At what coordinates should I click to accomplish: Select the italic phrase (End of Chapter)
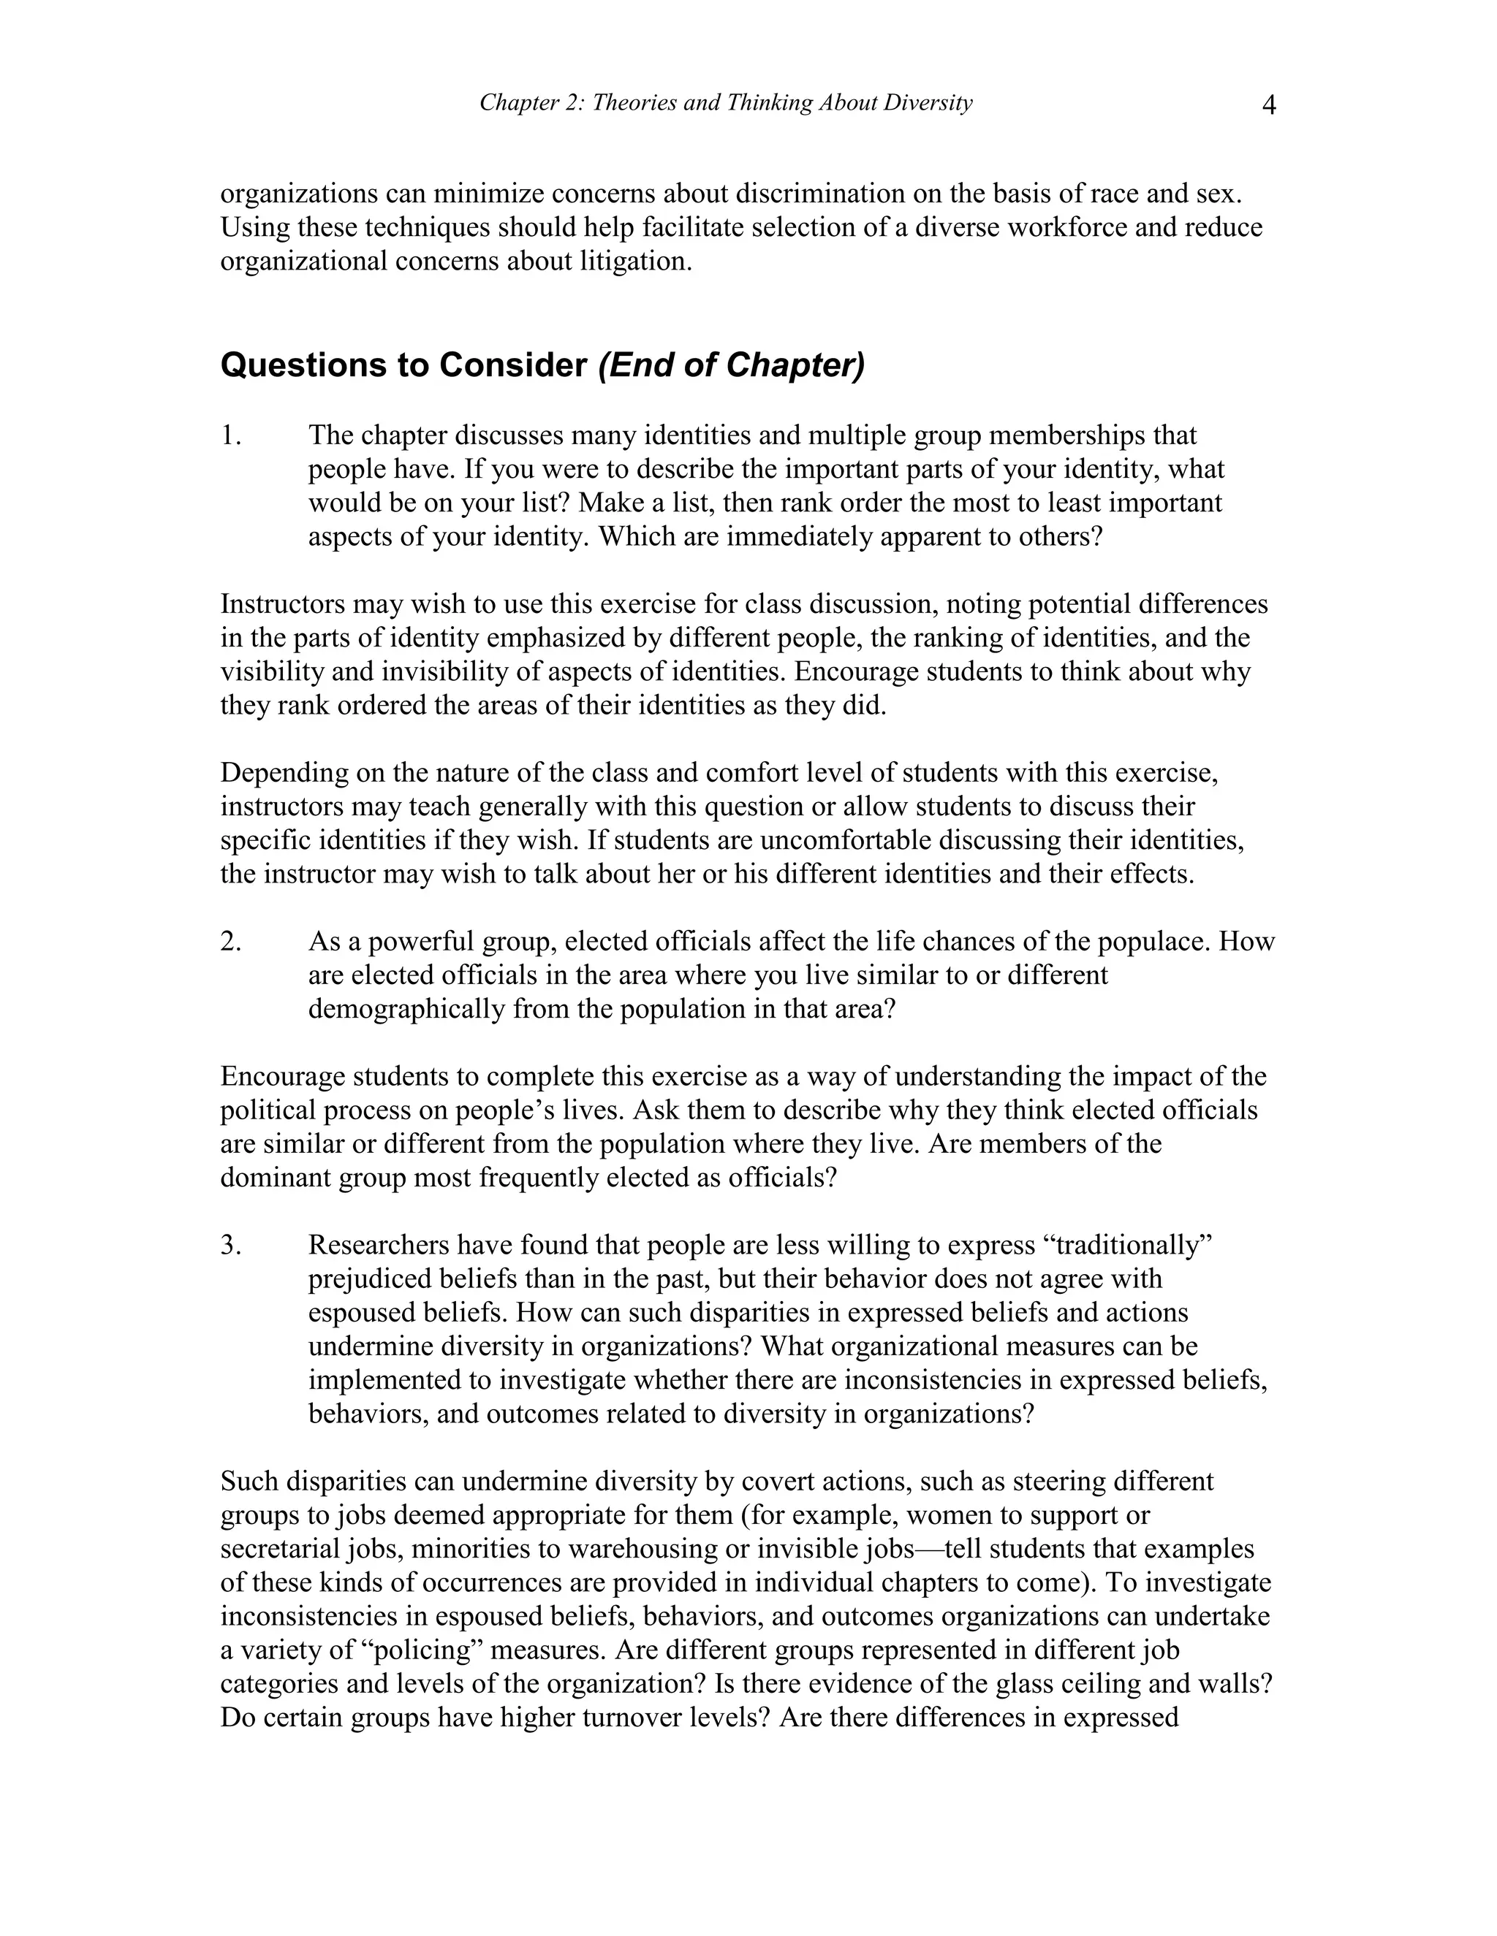(731, 365)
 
